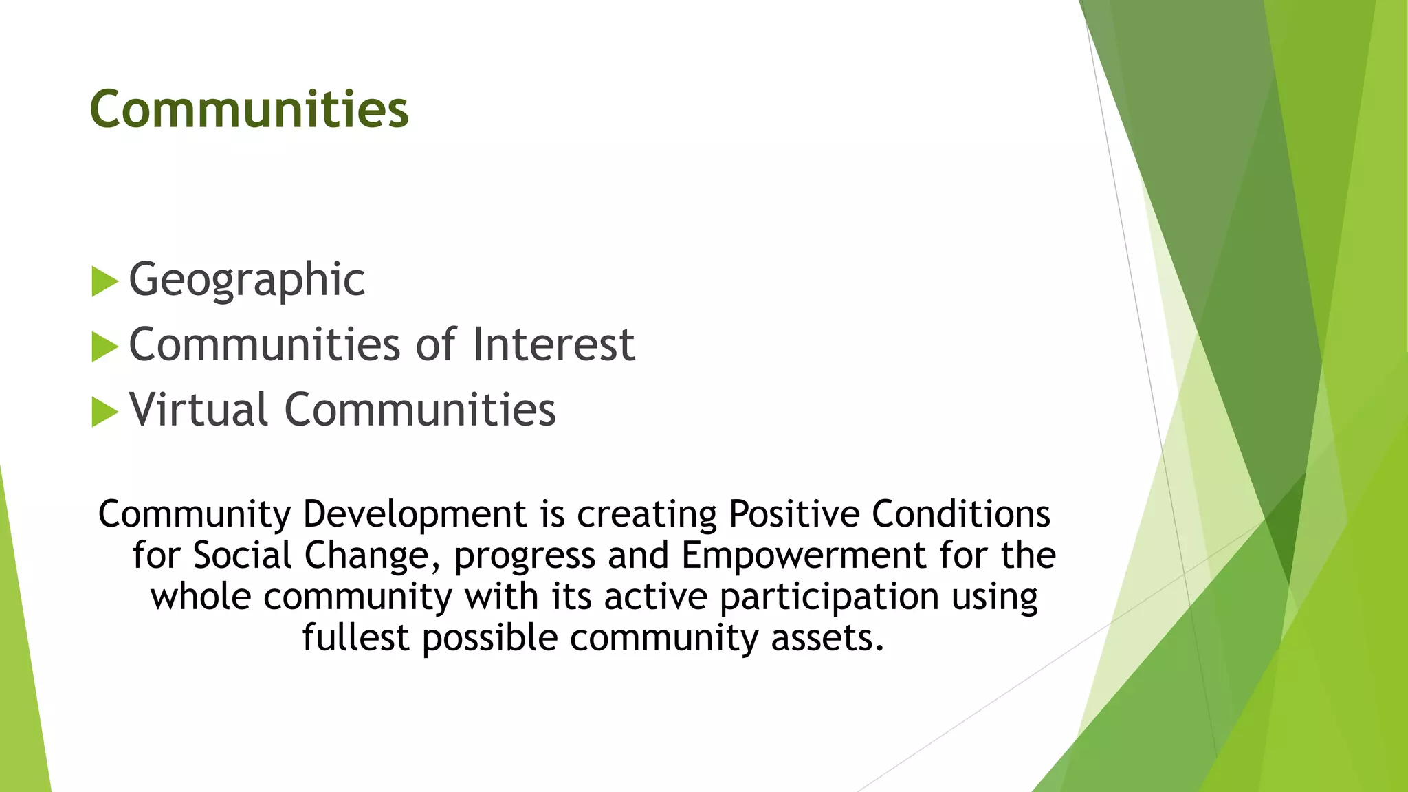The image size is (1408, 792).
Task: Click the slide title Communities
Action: point(249,110)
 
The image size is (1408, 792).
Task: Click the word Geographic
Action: point(247,280)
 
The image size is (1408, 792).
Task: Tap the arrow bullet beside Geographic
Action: point(104,282)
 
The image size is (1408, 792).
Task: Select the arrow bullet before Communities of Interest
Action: point(104,346)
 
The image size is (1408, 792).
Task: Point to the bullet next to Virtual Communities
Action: point(104,412)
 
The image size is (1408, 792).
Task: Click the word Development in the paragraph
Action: point(415,514)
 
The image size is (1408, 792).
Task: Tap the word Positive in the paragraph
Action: point(794,514)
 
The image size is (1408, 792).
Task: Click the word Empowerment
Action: point(804,555)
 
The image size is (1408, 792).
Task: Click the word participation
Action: point(829,597)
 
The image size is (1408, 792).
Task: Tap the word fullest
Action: point(355,638)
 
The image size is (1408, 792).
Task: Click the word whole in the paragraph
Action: point(201,597)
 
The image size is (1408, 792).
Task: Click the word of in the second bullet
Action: point(437,344)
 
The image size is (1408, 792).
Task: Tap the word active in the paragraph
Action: point(656,597)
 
